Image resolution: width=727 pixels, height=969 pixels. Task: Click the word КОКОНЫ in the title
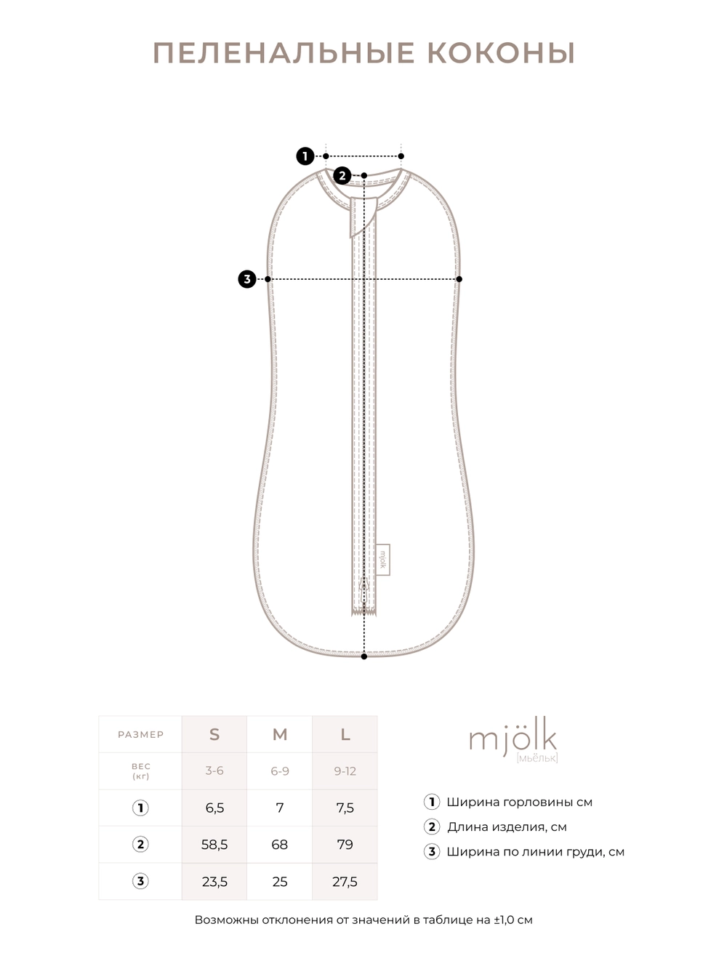pyautogui.click(x=501, y=53)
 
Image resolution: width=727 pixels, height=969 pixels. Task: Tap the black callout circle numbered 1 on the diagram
pyautogui.click(x=305, y=156)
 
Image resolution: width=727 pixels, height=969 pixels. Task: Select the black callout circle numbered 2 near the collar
pyautogui.click(x=342, y=175)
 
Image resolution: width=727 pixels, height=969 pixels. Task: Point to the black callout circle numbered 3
pyautogui.click(x=247, y=278)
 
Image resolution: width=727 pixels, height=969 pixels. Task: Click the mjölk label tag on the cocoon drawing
pyautogui.click(x=383, y=560)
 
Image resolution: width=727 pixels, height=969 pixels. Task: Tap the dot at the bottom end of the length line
pyautogui.click(x=364, y=656)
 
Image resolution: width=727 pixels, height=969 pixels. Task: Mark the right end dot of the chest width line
pyautogui.click(x=459, y=278)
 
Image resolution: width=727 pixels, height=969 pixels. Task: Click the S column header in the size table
pyautogui.click(x=214, y=734)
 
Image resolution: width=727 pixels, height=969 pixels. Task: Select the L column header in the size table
pyautogui.click(x=345, y=734)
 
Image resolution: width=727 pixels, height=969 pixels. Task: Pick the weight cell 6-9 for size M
pyautogui.click(x=280, y=771)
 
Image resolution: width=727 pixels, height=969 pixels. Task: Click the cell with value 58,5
pyautogui.click(x=214, y=845)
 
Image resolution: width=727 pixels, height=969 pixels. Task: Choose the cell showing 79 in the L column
pyautogui.click(x=345, y=845)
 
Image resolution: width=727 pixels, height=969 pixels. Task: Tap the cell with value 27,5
pyautogui.click(x=345, y=882)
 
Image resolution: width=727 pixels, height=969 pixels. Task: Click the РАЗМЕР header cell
pyautogui.click(x=140, y=734)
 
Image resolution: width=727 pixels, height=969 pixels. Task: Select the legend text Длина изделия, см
pyautogui.click(x=507, y=827)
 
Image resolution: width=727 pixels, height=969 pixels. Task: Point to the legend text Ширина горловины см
pyautogui.click(x=519, y=802)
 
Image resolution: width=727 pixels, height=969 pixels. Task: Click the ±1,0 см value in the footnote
pyautogui.click(x=513, y=920)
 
